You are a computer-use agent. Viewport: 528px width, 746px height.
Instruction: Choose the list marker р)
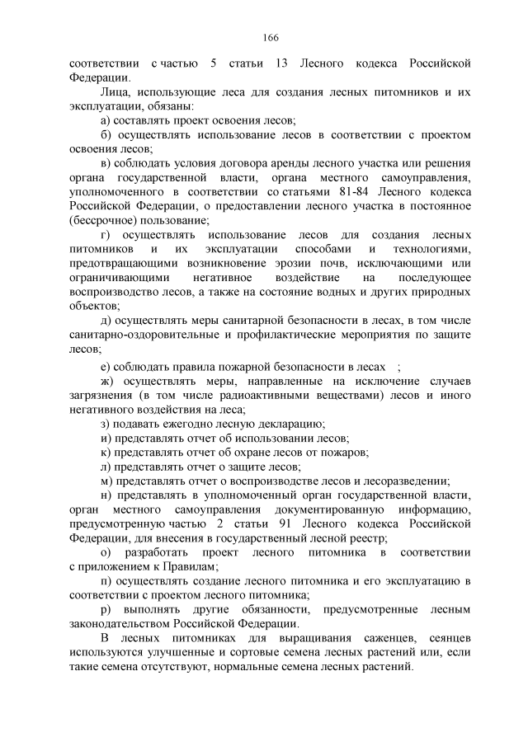tap(106, 610)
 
